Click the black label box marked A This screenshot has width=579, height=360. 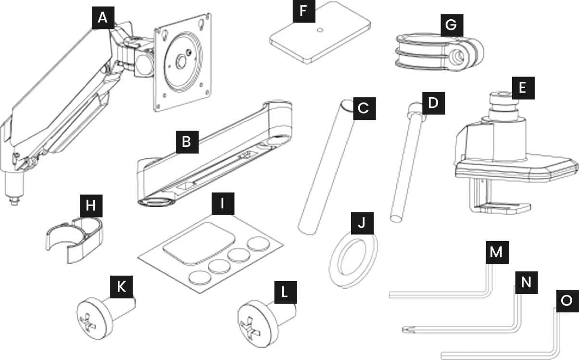(103, 18)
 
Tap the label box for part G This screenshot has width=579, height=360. (452, 25)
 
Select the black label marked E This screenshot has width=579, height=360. (523, 88)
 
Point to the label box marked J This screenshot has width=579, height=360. (362, 223)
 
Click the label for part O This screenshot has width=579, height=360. (567, 301)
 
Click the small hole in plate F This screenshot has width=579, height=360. (320, 30)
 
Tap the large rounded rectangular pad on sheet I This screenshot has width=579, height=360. (199, 244)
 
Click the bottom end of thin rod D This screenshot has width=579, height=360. (396, 219)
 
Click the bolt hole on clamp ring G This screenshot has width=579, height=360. (459, 57)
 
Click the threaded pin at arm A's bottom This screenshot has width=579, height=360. (14, 201)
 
